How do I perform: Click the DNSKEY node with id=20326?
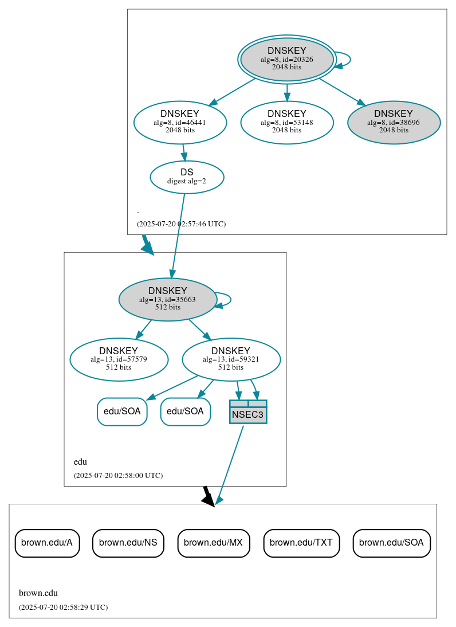pyautogui.click(x=286, y=59)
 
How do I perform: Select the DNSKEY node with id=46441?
pyautogui.click(x=180, y=122)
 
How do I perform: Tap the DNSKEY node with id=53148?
pyautogui.click(x=287, y=122)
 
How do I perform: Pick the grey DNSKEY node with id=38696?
pyautogui.click(x=394, y=122)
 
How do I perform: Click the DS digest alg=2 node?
pyautogui.click(x=187, y=177)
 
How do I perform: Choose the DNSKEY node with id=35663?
pyautogui.click(x=167, y=299)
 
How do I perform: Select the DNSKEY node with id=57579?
pyautogui.click(x=119, y=359)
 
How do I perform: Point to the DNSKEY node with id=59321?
pyautogui.click(x=231, y=359)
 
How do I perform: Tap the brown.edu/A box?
pyautogui.click(x=47, y=543)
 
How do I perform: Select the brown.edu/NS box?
pyautogui.click(x=128, y=543)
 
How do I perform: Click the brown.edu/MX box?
pyautogui.click(x=214, y=543)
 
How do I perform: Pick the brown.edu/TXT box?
pyautogui.click(x=301, y=543)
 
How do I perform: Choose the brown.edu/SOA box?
pyautogui.click(x=391, y=543)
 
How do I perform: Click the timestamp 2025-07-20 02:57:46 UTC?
pyautogui.click(x=181, y=224)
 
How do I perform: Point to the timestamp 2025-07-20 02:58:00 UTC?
pyautogui.click(x=118, y=475)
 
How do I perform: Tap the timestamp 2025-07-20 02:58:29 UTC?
pyautogui.click(x=63, y=607)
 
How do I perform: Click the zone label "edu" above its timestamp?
pyautogui.click(x=80, y=462)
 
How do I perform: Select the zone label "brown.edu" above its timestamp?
pyautogui.click(x=38, y=593)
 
